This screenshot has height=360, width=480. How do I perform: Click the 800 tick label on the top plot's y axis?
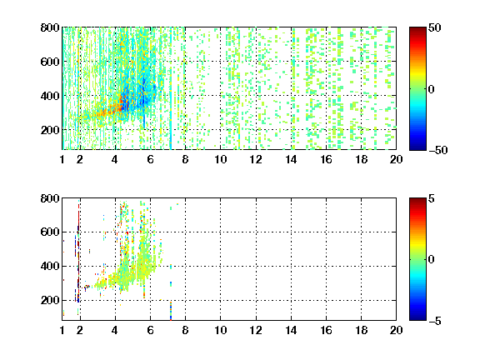[50, 27]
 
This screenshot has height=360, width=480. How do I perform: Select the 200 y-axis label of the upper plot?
[50, 130]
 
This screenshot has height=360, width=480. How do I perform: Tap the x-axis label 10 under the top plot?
[220, 159]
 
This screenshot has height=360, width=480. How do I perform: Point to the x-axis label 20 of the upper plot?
[396, 159]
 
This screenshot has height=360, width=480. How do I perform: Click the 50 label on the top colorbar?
[434, 27]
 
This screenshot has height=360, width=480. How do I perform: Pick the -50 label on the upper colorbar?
[438, 150]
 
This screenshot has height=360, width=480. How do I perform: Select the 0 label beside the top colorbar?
[431, 89]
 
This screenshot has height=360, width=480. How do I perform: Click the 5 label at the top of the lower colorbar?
[431, 198]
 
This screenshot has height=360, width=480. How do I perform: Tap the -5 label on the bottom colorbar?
[435, 321]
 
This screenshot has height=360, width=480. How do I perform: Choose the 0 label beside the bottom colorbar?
[431, 260]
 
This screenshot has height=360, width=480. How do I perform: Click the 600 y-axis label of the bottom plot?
[50, 232]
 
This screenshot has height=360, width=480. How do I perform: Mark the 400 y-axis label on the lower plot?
[50, 266]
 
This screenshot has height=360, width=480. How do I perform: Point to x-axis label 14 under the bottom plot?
[291, 330]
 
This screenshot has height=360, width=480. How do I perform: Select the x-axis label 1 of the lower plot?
[62, 330]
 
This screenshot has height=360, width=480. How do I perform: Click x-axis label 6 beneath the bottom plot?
[150, 330]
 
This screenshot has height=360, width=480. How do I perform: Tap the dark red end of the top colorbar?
[417, 30]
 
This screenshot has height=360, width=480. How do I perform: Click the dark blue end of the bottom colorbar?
[417, 317]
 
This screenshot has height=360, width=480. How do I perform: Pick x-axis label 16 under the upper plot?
[326, 159]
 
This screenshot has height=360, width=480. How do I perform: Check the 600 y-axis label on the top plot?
[50, 62]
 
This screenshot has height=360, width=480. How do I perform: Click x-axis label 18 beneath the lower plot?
[361, 330]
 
